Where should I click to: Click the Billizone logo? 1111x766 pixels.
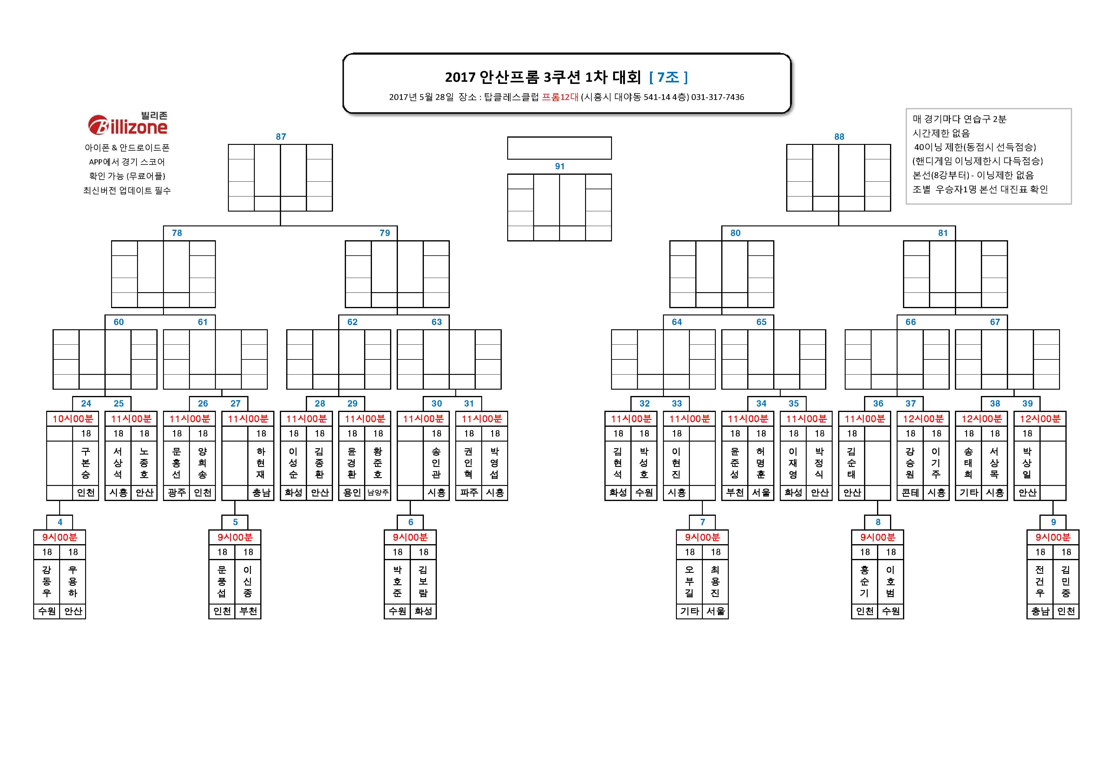click(x=128, y=123)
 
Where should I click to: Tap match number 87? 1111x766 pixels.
click(x=281, y=137)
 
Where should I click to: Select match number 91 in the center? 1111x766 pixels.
click(x=559, y=167)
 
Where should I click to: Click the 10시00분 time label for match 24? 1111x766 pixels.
click(x=72, y=419)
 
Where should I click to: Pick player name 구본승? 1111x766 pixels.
click(x=85, y=463)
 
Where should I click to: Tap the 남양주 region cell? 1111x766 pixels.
click(x=378, y=493)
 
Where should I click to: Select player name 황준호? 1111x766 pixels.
click(x=378, y=463)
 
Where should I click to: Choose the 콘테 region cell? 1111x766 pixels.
click(x=910, y=493)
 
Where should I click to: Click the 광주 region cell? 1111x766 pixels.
click(x=176, y=493)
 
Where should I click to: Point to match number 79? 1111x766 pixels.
click(x=385, y=233)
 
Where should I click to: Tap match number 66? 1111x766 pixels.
click(x=910, y=322)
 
